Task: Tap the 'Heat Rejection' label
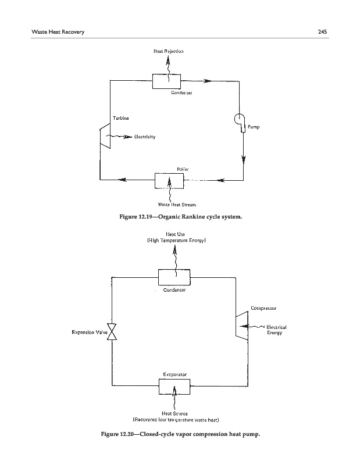pos(169,51)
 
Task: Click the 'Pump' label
pos(254,126)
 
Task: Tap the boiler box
pos(169,180)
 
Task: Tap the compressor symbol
pos(237,327)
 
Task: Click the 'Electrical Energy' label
pos(275,330)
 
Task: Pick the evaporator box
pos(174,385)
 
